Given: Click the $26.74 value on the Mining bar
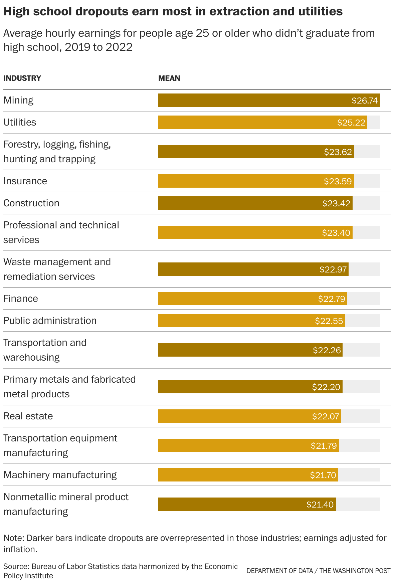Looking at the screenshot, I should pyautogui.click(x=365, y=101).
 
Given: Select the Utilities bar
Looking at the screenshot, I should pyautogui.click(x=262, y=122).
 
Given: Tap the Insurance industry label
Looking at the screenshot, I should pyautogui.click(x=25, y=181).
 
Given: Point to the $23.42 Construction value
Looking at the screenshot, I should pyautogui.click(x=336, y=203).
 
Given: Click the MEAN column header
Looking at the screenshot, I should pyautogui.click(x=169, y=78).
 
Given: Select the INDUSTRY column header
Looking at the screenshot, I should pyautogui.click(x=22, y=78).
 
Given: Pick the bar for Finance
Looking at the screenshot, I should pyautogui.click(x=252, y=299).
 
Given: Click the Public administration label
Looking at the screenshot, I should pyautogui.click(x=50, y=321).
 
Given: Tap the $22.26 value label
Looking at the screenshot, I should pyautogui.click(x=327, y=350).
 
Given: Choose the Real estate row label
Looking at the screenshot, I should pyautogui.click(x=28, y=416).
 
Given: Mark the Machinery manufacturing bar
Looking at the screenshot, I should pyautogui.click(x=248, y=475).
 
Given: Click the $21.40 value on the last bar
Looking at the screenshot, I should pyautogui.click(x=320, y=505).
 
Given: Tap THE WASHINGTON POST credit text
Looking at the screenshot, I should pyautogui.click(x=355, y=571).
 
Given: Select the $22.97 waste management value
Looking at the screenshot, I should pyautogui.click(x=333, y=269).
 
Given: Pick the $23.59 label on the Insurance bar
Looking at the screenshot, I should pyautogui.click(x=338, y=181).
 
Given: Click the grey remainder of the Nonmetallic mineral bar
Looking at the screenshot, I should pyautogui.click(x=358, y=504).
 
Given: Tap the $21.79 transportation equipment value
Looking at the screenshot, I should pyautogui.click(x=324, y=446).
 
